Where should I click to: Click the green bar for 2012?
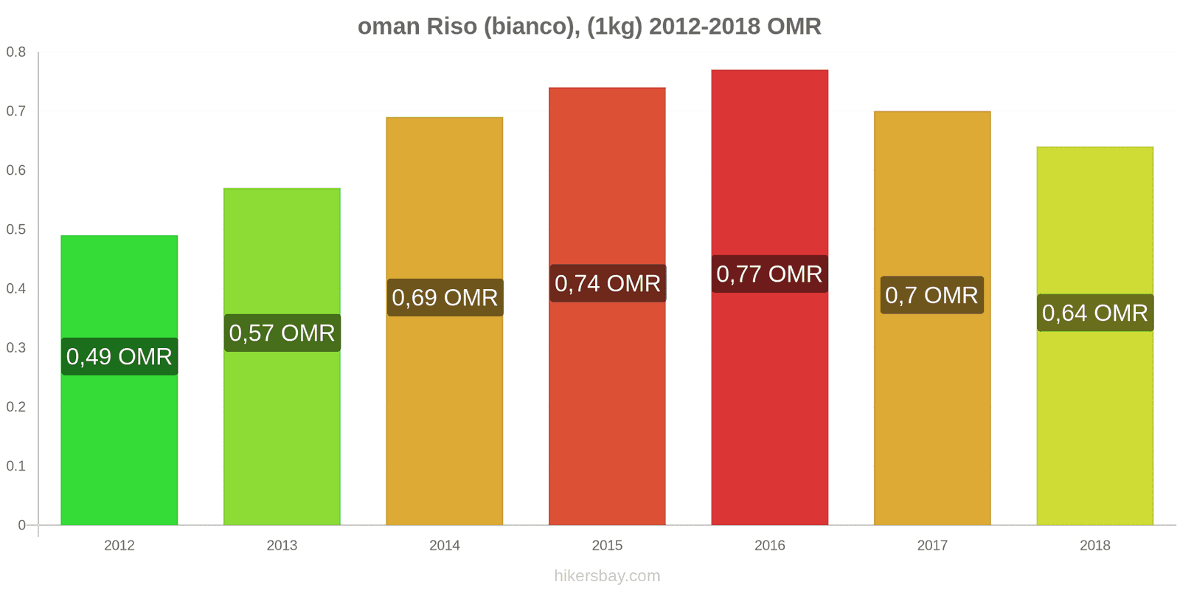(119, 442)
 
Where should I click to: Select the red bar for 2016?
(769, 406)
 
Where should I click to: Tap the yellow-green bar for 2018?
(1094, 428)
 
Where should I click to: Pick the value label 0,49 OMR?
(119, 357)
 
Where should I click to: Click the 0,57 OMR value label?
(282, 333)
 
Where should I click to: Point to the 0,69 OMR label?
(445, 298)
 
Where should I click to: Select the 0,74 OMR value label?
(608, 284)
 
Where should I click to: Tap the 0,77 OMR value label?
(769, 274)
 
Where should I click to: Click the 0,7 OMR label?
(931, 296)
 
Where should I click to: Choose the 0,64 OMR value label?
(1095, 313)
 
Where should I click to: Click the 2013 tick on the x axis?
(282, 546)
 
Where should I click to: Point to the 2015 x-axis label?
(607, 546)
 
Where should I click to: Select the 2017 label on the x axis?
(932, 546)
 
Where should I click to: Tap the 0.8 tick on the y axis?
(16, 52)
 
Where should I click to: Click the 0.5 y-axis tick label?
(16, 229)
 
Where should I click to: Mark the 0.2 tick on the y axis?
(16, 407)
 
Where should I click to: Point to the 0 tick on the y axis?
(21, 525)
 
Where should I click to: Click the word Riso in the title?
(450, 27)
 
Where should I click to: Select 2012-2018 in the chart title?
(704, 27)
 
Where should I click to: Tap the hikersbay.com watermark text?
(607, 576)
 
